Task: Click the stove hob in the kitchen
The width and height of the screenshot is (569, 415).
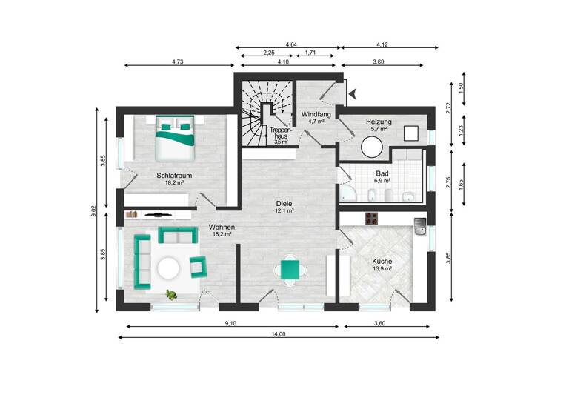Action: (370, 219)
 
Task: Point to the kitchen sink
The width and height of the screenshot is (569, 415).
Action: (420, 225)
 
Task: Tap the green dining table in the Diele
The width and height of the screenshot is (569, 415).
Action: (290, 270)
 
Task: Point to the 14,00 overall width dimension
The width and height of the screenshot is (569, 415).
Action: (277, 334)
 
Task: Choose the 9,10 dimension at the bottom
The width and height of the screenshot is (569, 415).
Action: (230, 322)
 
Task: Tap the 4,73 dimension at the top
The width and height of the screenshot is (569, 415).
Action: (177, 62)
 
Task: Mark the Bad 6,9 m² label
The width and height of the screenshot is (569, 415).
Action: (382, 176)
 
